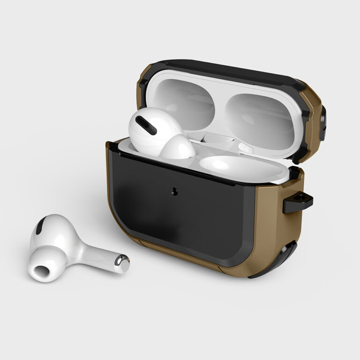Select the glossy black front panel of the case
coord(187,211)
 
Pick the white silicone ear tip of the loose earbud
coord(45,267)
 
